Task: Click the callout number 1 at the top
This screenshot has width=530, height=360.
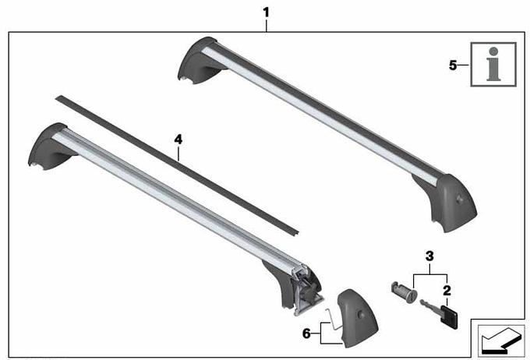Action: point(267,12)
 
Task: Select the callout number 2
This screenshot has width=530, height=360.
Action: point(447,291)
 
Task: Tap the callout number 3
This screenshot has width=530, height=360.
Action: point(429,256)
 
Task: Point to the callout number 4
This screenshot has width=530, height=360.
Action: point(178,139)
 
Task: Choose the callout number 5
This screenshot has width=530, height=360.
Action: point(453,65)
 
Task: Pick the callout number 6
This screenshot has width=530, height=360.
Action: point(306,334)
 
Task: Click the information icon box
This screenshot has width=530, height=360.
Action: point(493,64)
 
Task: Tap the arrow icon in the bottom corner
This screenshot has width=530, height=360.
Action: point(501,341)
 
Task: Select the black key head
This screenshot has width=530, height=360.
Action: point(449,316)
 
